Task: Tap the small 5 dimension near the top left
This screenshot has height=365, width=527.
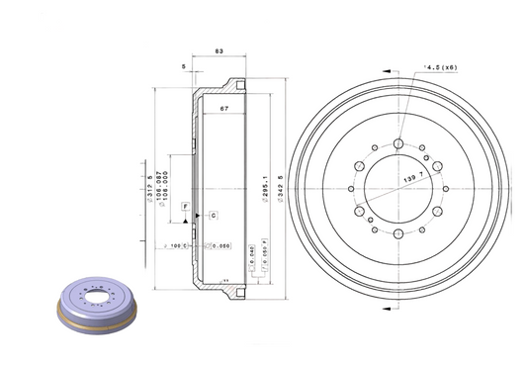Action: (x=184, y=67)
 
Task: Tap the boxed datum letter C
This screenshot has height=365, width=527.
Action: (x=212, y=215)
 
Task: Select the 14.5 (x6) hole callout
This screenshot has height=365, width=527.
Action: (x=439, y=66)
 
